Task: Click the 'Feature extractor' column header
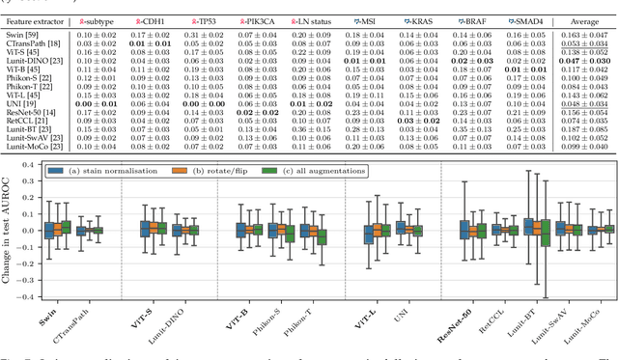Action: pos(35,19)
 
